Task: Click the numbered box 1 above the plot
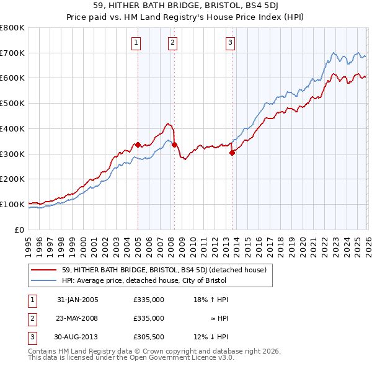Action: point(135,43)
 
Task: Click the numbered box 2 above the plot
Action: point(172,43)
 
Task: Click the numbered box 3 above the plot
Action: point(230,43)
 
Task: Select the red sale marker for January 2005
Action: point(138,145)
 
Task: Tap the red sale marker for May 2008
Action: point(174,145)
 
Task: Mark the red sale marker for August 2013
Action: point(232,152)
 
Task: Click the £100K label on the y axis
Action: point(12,204)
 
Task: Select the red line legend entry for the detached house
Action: point(164,270)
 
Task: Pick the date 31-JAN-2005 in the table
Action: point(77,300)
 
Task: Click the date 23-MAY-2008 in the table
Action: point(77,318)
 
